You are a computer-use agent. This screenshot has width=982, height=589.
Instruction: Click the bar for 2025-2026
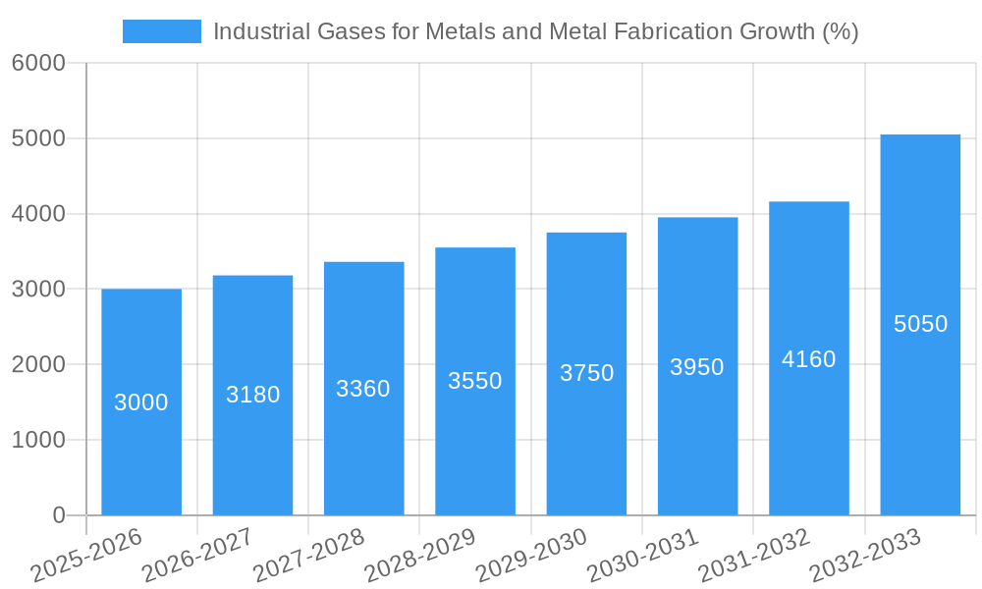pyautogui.click(x=141, y=442)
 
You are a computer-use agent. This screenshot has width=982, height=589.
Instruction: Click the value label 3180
pyautogui.click(x=253, y=395)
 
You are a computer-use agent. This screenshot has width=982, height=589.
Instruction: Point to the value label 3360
pyautogui.click(x=363, y=389)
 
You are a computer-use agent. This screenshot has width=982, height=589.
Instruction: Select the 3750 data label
pyautogui.click(x=587, y=373)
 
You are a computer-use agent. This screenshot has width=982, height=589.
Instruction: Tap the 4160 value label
pyautogui.click(x=809, y=359)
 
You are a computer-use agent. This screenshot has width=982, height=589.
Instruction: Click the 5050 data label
pyautogui.click(x=921, y=324)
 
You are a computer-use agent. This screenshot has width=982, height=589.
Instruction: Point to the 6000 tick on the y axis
pyautogui.click(x=38, y=64)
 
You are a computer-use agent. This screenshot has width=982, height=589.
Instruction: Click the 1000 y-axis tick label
pyautogui.click(x=38, y=441)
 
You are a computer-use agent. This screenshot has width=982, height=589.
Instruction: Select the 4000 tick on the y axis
pyautogui.click(x=38, y=214)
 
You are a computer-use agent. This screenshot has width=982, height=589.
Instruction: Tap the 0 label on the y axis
pyautogui.click(x=58, y=516)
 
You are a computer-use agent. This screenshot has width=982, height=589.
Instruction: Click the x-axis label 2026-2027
pyautogui.click(x=197, y=555)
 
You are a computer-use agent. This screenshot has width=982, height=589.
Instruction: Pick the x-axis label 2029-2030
pyautogui.click(x=531, y=555)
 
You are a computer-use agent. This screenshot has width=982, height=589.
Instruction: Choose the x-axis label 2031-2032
pyautogui.click(x=754, y=555)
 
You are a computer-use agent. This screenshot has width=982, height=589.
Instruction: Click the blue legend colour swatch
pyautogui.click(x=161, y=31)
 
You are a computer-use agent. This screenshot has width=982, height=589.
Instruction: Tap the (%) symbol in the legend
pyautogui.click(x=841, y=31)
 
